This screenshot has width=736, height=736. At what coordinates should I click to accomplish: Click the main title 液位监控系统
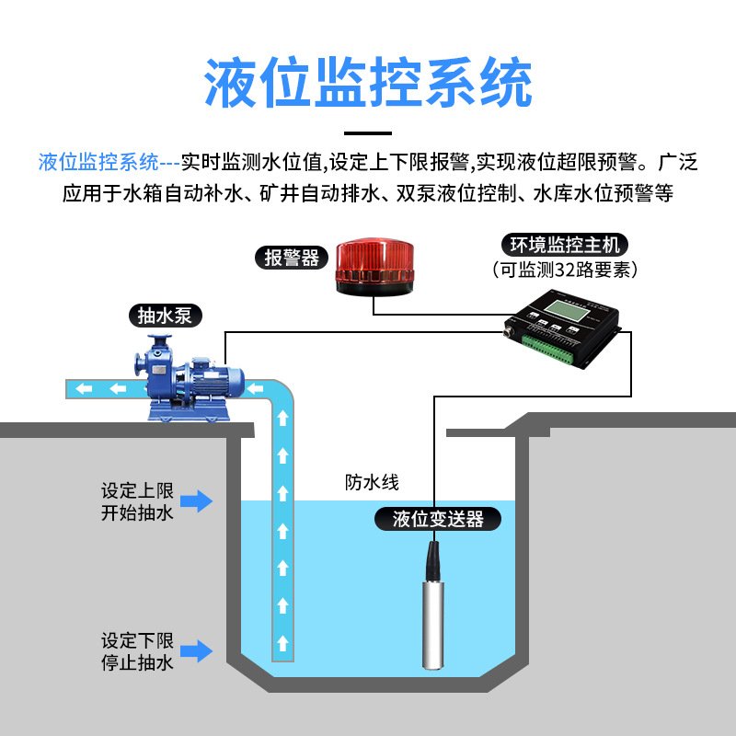368,85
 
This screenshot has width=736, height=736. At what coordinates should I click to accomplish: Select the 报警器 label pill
292,259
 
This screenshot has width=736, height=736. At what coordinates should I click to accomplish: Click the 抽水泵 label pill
165,316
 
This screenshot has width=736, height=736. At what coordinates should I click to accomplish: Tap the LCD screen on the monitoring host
564,307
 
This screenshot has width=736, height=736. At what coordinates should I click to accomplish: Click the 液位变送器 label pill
438,519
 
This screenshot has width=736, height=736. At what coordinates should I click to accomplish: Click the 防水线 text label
373,482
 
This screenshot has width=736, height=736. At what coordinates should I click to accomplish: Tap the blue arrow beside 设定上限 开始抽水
195,501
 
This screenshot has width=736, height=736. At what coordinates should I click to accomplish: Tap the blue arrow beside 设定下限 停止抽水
195,651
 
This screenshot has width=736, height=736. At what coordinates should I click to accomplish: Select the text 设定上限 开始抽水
137,501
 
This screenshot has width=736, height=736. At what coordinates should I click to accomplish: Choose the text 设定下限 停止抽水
137,651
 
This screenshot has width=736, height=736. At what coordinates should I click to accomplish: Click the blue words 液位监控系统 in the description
99,164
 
